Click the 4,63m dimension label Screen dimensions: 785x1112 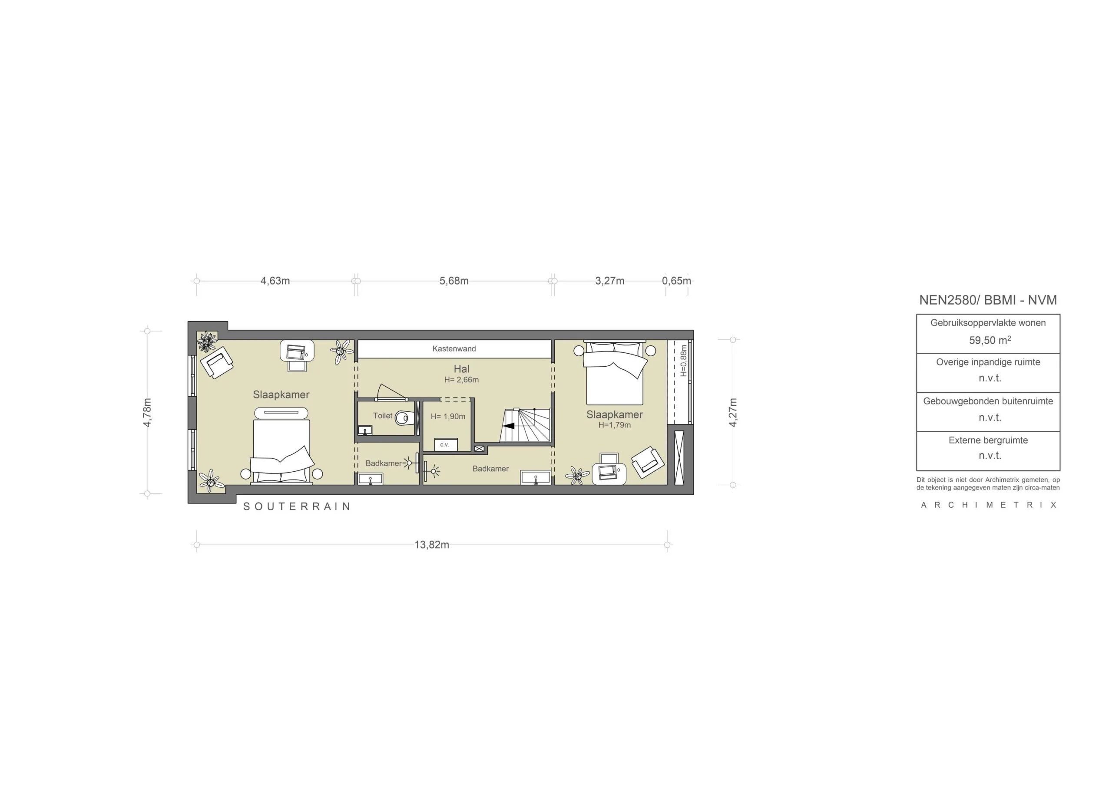275,281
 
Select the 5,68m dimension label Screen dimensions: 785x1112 454,281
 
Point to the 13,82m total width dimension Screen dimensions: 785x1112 431,545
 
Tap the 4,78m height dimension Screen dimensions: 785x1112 147,412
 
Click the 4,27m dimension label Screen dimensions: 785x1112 733,412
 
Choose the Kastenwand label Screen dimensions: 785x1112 454,348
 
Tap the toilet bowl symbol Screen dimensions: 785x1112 403,417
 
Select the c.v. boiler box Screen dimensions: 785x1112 445,444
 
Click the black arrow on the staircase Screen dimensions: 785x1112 508,426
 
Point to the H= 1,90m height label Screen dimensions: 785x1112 447,416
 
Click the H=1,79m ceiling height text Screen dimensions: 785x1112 614,425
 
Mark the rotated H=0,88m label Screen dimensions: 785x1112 683,361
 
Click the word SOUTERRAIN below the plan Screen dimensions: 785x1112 297,506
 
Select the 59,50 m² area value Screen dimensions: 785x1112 990,340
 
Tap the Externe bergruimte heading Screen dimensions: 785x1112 988,440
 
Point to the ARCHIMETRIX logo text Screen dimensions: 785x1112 988,505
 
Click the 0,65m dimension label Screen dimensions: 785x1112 676,281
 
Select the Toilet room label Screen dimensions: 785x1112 383,415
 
